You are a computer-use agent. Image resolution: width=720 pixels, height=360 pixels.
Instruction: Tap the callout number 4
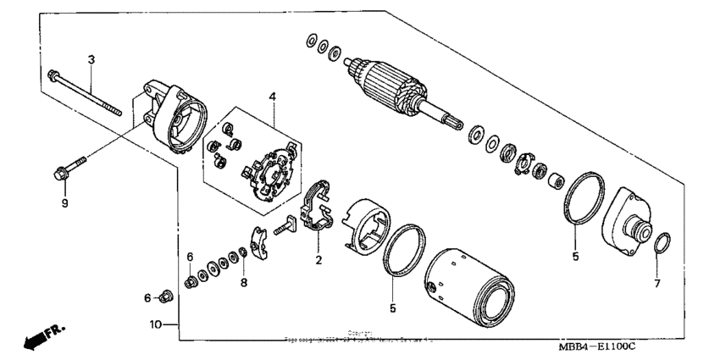pyautogui.click(x=273, y=97)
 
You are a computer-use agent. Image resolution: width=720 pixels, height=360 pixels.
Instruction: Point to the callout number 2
pyautogui.click(x=318, y=260)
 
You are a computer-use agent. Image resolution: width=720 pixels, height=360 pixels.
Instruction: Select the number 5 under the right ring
pyautogui.click(x=575, y=256)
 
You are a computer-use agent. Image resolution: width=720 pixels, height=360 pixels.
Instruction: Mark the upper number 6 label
pyautogui.click(x=191, y=257)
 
